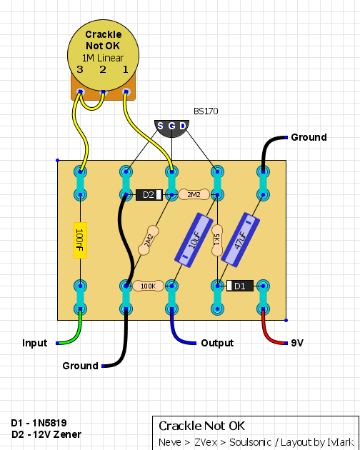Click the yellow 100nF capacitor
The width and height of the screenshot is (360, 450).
[81, 240]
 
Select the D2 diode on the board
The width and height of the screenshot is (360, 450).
[149, 195]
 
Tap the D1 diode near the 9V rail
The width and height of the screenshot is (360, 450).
[240, 286]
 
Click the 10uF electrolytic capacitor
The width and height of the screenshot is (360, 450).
[194, 240]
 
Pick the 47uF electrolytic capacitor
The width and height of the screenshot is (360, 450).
[241, 240]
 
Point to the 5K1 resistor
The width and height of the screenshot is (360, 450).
[217, 240]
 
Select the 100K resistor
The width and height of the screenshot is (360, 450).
[149, 286]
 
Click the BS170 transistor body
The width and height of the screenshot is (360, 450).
[171, 129]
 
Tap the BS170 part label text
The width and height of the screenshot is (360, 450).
[206, 111]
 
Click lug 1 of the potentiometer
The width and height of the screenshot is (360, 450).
[126, 92]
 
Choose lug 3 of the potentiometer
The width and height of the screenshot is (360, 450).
[81, 92]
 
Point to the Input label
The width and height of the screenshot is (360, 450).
[35, 343]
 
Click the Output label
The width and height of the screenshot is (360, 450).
[217, 343]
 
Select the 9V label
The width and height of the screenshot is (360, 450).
[297, 343]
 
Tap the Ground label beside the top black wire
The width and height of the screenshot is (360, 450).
[309, 137]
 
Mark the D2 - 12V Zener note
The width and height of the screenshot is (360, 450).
[46, 434]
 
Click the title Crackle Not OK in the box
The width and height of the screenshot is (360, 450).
[202, 426]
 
